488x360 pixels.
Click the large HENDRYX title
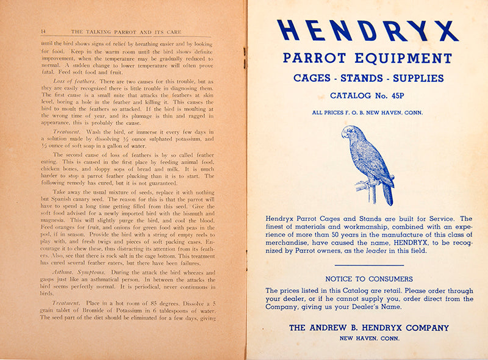(367, 31)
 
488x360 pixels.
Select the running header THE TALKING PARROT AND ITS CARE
(129, 31)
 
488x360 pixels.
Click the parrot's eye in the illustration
(351, 131)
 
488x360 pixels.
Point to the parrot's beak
(345, 134)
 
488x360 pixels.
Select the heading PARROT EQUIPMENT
(367, 59)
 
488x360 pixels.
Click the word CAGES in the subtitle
(314, 78)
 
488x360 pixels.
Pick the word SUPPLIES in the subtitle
(418, 78)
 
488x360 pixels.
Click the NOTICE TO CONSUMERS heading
(369, 279)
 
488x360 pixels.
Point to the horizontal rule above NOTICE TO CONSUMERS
(369, 265)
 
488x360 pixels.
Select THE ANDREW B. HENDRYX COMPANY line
(369, 328)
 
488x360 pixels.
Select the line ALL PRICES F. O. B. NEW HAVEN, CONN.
(367, 112)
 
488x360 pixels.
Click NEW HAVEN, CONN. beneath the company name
(369, 338)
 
